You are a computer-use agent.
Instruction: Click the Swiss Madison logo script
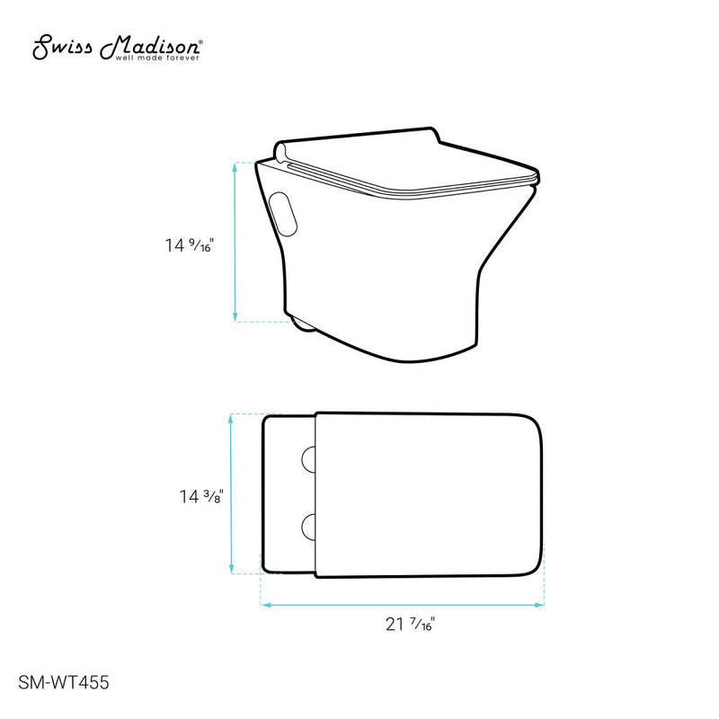pyautogui.click(x=117, y=47)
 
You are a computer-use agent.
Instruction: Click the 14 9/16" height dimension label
pyautogui.click(x=190, y=243)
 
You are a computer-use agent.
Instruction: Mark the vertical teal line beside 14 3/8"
pyautogui.click(x=233, y=493)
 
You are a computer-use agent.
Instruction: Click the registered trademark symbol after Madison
pyautogui.click(x=201, y=41)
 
